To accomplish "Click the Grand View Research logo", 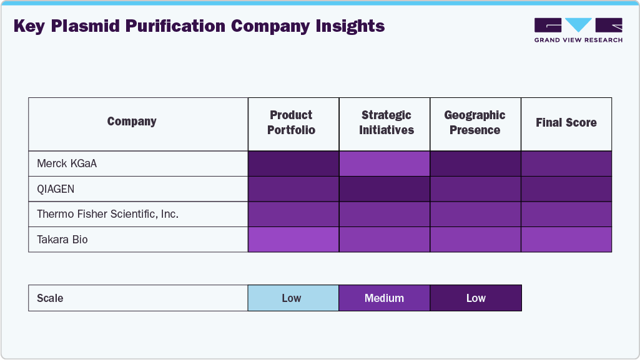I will pyautogui.click(x=578, y=30).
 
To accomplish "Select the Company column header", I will pyautogui.click(x=132, y=122).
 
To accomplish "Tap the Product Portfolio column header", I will pyautogui.click(x=291, y=123).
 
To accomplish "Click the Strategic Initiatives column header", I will pyautogui.click(x=386, y=123).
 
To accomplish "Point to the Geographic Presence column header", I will pyautogui.click(x=475, y=123).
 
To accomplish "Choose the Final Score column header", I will pyautogui.click(x=566, y=123).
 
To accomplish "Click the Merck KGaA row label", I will pyautogui.click(x=67, y=164).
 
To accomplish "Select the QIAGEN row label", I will pyautogui.click(x=57, y=189).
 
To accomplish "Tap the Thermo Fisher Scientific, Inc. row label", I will pyautogui.click(x=107, y=214).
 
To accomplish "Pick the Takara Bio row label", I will pyautogui.click(x=62, y=240).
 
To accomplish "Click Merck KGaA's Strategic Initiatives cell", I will pyautogui.click(x=385, y=164).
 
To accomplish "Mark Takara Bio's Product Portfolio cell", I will pyautogui.click(x=293, y=240).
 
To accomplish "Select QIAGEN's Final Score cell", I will pyautogui.click(x=566, y=189).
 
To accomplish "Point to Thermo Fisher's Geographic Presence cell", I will pyautogui.click(x=475, y=214).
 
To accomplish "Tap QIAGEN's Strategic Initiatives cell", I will pyautogui.click(x=385, y=189).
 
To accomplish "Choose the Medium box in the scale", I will pyautogui.click(x=385, y=298).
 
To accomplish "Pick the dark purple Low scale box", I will pyautogui.click(x=475, y=298).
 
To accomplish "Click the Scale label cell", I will pyautogui.click(x=138, y=298).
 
